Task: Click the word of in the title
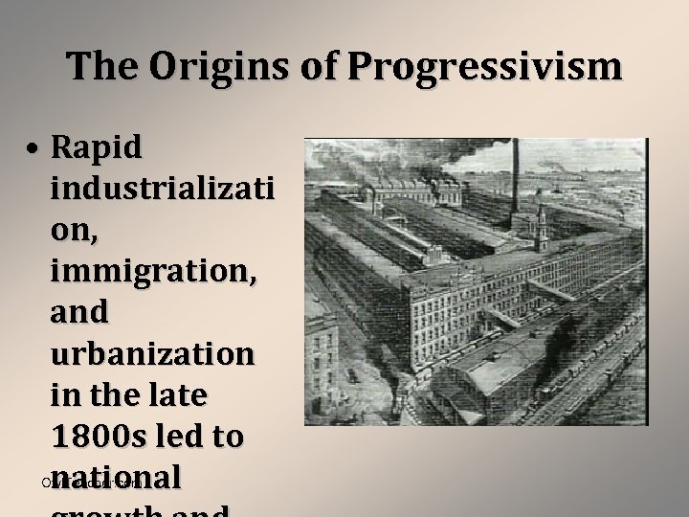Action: click(x=322, y=66)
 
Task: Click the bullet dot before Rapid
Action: click(x=33, y=149)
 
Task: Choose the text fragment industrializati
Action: click(x=162, y=189)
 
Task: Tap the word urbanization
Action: click(x=152, y=354)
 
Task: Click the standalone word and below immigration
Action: click(x=79, y=312)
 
